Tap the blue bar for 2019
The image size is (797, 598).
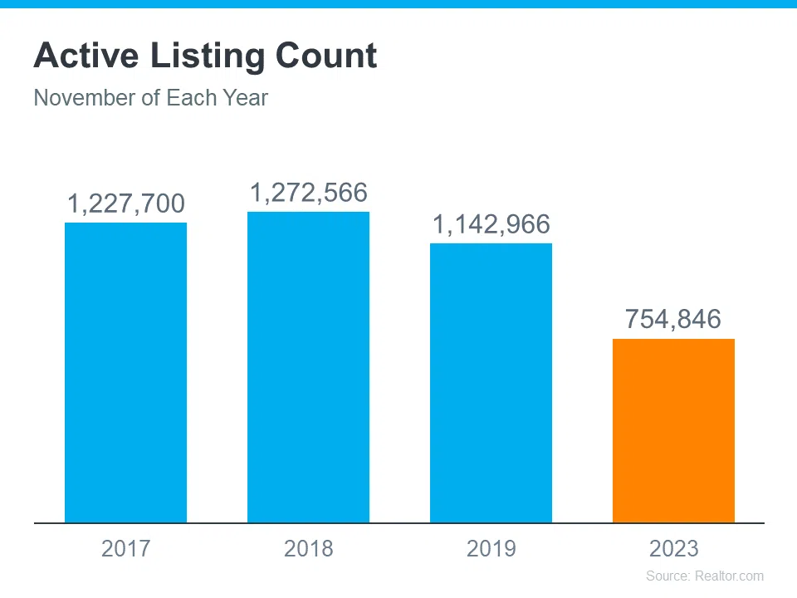491,383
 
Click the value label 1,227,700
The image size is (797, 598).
125,204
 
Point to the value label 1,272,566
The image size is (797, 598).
308,193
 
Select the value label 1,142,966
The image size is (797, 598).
491,224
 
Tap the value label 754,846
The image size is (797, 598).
673,319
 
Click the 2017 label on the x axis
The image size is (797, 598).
125,548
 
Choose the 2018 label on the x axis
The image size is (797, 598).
308,548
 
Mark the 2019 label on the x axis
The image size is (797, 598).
491,548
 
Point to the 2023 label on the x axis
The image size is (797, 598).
673,548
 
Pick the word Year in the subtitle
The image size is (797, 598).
245,98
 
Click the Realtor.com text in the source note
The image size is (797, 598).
729,576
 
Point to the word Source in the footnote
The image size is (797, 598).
667,576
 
